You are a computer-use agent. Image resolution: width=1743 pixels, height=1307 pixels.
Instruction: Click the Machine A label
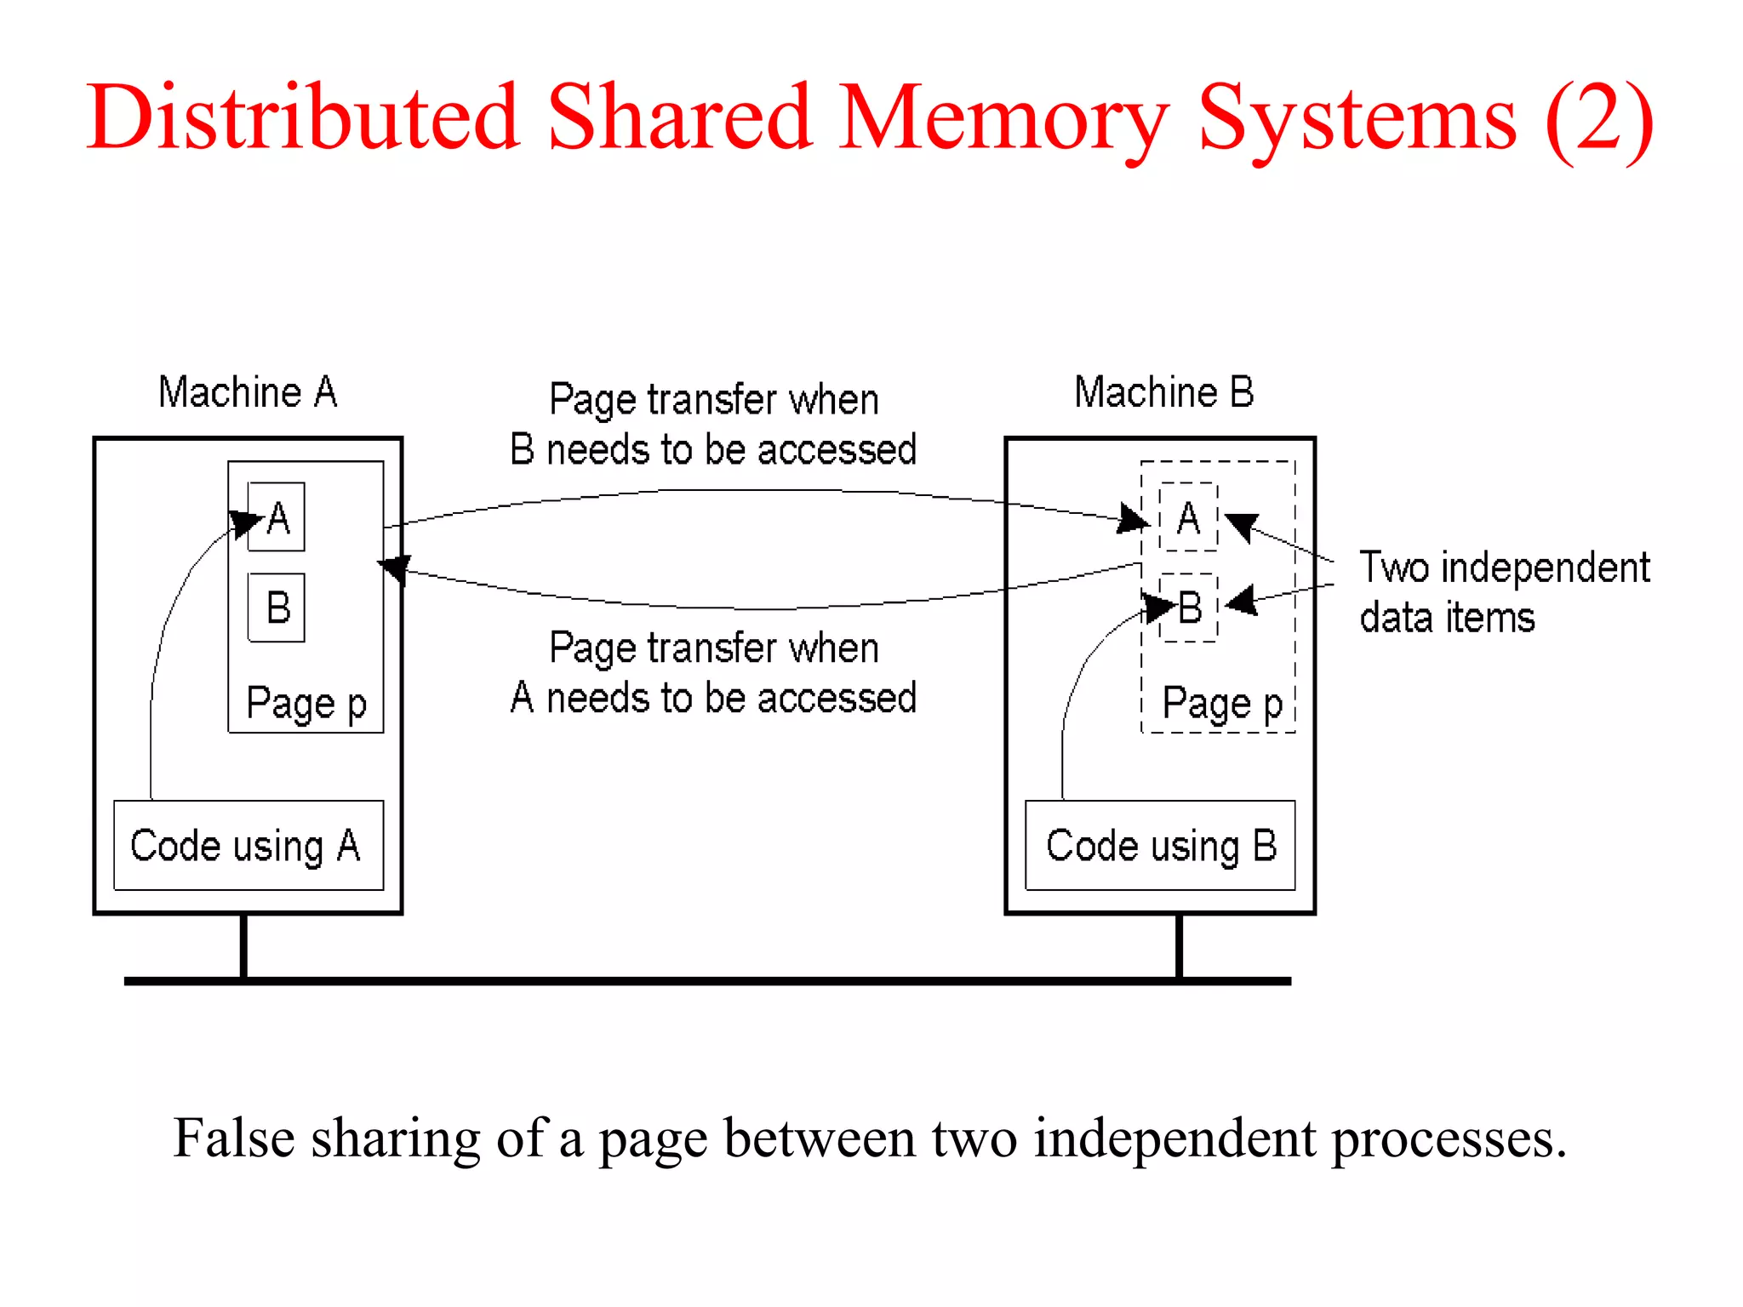tap(248, 393)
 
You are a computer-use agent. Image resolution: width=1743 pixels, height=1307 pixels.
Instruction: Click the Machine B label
tap(1163, 393)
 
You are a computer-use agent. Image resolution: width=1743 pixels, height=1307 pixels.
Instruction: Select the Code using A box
tap(248, 845)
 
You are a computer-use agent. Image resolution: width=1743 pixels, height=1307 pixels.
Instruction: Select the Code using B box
tap(1160, 845)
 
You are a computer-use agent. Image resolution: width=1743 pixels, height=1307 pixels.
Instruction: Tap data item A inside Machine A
tap(277, 517)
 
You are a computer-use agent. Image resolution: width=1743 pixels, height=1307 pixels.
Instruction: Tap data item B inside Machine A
tap(277, 608)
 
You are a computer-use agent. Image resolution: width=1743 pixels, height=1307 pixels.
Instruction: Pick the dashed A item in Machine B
tap(1189, 517)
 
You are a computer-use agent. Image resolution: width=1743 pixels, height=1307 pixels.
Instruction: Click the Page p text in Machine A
tap(306, 704)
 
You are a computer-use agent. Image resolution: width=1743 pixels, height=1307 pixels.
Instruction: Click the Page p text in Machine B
tap(1222, 704)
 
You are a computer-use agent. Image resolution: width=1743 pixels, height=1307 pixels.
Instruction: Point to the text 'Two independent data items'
tap(1503, 591)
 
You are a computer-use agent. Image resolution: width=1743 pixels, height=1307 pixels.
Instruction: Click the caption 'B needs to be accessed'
tap(713, 449)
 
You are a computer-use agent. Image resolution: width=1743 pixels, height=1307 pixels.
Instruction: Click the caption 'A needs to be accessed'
tap(713, 698)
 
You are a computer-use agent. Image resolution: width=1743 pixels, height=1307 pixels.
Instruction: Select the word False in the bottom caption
tap(233, 1138)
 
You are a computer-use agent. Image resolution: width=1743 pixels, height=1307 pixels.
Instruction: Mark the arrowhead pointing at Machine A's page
tap(394, 568)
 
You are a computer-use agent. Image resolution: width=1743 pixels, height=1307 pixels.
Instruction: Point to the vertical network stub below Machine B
tap(1179, 945)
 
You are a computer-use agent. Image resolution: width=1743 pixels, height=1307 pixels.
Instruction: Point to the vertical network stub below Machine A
tap(243, 945)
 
